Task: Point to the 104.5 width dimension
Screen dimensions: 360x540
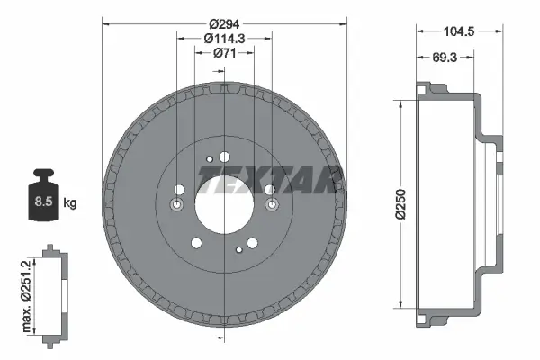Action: coord(457,31)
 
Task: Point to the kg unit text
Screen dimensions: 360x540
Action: coord(70,203)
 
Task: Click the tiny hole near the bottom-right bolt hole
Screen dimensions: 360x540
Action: coord(238,249)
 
